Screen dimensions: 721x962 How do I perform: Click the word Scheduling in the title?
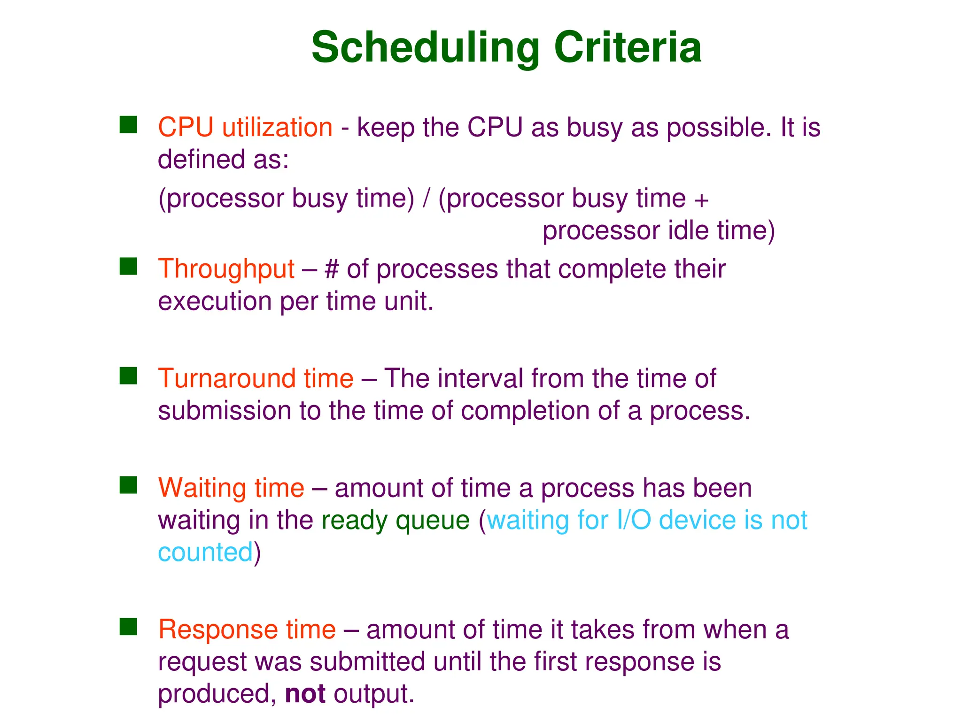[425, 48]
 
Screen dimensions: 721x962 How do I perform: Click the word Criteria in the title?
[628, 48]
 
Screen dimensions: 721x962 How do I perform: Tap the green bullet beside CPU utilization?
[128, 125]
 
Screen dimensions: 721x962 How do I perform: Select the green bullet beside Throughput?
[128, 266]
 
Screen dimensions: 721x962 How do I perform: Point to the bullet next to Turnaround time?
[128, 376]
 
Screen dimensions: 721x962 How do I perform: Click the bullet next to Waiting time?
[128, 485]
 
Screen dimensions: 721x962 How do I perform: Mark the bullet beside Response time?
[128, 627]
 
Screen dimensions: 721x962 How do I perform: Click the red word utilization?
[277, 128]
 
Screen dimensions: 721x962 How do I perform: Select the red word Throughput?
[226, 270]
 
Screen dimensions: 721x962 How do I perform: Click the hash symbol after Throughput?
[332, 270]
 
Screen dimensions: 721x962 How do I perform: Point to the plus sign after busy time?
[701, 200]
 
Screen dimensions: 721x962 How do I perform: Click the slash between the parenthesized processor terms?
[426, 199]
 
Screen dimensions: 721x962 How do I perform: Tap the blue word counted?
[205, 552]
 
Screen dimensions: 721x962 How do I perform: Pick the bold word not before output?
[305, 694]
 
